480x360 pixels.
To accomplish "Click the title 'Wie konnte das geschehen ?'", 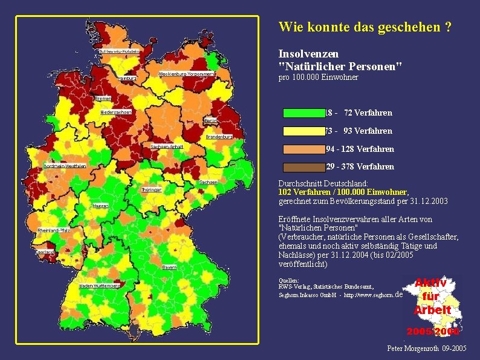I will point(365,27).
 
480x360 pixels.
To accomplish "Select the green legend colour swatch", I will point(303,113).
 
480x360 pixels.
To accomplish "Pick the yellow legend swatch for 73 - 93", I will point(303,131).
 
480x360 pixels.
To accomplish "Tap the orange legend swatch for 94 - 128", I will point(303,149).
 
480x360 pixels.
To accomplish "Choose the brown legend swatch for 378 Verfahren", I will point(303,167).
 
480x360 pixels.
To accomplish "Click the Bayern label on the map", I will point(169,267).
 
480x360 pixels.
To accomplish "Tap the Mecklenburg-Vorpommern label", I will point(186,74).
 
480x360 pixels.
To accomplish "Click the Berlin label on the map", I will point(211,121).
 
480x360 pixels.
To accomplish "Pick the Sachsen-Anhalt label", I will point(167,147).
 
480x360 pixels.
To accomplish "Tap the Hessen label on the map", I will point(100,206).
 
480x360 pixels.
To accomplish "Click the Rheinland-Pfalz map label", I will point(52,231).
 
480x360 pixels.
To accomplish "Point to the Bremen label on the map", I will point(103,98).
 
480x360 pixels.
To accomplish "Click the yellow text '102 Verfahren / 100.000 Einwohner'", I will point(343,192).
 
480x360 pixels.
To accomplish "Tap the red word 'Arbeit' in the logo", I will point(432,310).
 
